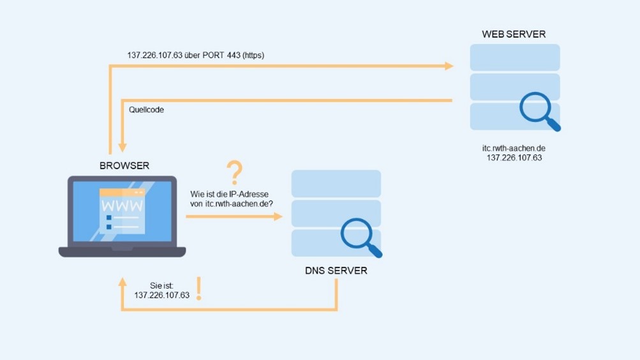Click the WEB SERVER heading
coord(514,34)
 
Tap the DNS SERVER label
coord(336,271)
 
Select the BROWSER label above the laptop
coord(124,165)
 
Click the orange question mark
coord(235,173)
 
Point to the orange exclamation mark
coord(199,289)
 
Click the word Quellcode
coord(146,110)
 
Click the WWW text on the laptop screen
coord(122,207)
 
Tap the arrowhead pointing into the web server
coord(449,66)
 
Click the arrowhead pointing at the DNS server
coord(278,216)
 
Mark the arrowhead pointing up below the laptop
coord(121,281)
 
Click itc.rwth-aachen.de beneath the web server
coord(514,148)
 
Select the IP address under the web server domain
coord(514,157)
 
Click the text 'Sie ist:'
coord(162,285)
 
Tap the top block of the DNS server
coord(336,183)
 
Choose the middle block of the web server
coord(514,87)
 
